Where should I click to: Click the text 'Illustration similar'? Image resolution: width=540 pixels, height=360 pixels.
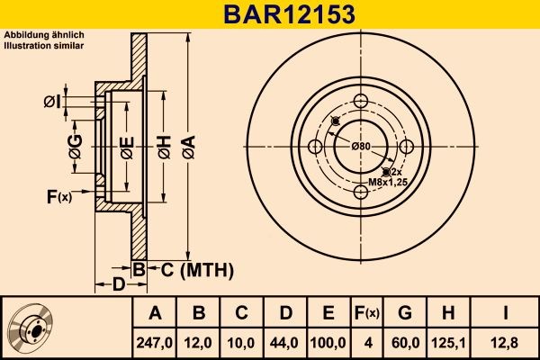click(44, 44)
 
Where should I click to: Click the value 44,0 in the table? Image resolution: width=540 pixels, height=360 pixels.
click(285, 342)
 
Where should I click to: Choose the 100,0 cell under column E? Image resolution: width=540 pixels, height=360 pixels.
click(328, 342)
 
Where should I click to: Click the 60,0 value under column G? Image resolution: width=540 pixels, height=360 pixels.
click(405, 342)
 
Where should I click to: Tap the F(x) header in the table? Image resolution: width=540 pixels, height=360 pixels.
click(367, 312)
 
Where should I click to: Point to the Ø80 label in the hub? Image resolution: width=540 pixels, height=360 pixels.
click(361, 146)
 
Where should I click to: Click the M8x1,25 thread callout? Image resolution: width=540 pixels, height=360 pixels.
click(387, 183)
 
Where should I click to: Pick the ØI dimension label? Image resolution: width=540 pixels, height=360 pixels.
click(51, 102)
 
